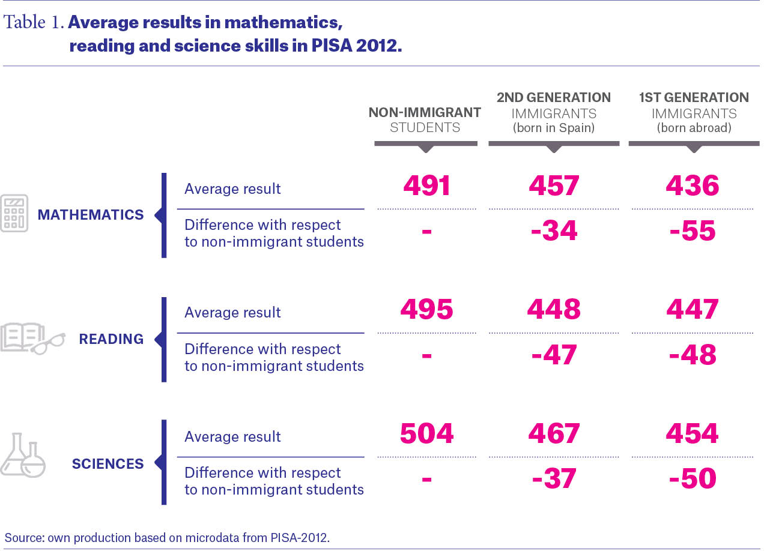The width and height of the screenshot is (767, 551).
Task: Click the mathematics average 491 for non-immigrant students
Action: pyautogui.click(x=426, y=185)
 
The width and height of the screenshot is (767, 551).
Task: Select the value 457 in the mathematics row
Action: pyautogui.click(x=554, y=185)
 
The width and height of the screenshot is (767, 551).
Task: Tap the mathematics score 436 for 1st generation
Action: pyautogui.click(x=693, y=185)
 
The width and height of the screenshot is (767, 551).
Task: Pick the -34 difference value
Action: pyautogui.click(x=554, y=230)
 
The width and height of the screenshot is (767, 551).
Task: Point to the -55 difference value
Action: pyautogui.click(x=693, y=230)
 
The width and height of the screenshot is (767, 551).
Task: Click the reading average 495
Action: pyautogui.click(x=426, y=309)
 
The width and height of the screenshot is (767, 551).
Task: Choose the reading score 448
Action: pyautogui.click(x=554, y=309)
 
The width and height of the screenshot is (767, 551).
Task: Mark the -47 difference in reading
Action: pyautogui.click(x=554, y=355)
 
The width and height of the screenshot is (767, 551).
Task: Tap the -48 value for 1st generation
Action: pyautogui.click(x=693, y=355)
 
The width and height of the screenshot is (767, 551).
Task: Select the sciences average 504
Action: pyautogui.click(x=426, y=433)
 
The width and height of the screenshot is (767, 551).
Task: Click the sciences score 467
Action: pyautogui.click(x=554, y=433)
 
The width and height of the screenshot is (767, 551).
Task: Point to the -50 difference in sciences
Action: pyautogui.click(x=693, y=478)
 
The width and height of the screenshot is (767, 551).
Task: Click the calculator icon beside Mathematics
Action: pyautogui.click(x=14, y=213)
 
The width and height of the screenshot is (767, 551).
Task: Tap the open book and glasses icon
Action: pyautogui.click(x=32, y=339)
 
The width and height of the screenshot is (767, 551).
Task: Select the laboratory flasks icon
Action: pyautogui.click(x=23, y=455)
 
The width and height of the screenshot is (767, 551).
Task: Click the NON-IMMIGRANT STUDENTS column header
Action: pyautogui.click(x=425, y=120)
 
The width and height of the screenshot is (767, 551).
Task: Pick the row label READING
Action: pyautogui.click(x=111, y=339)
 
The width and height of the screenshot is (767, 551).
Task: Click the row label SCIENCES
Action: pyautogui.click(x=108, y=464)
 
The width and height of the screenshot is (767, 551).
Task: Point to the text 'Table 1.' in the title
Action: pyautogui.click(x=34, y=22)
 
